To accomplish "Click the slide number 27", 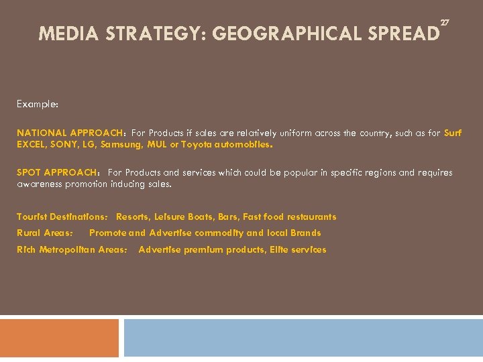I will coord(444,22).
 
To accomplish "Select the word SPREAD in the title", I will coord(400,34).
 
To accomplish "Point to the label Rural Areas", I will coord(45,233).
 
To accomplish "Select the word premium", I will coord(203,249).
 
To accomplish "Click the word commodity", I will coord(217,233).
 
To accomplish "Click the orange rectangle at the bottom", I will coord(59,338).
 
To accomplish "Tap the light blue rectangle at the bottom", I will coord(303,338).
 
